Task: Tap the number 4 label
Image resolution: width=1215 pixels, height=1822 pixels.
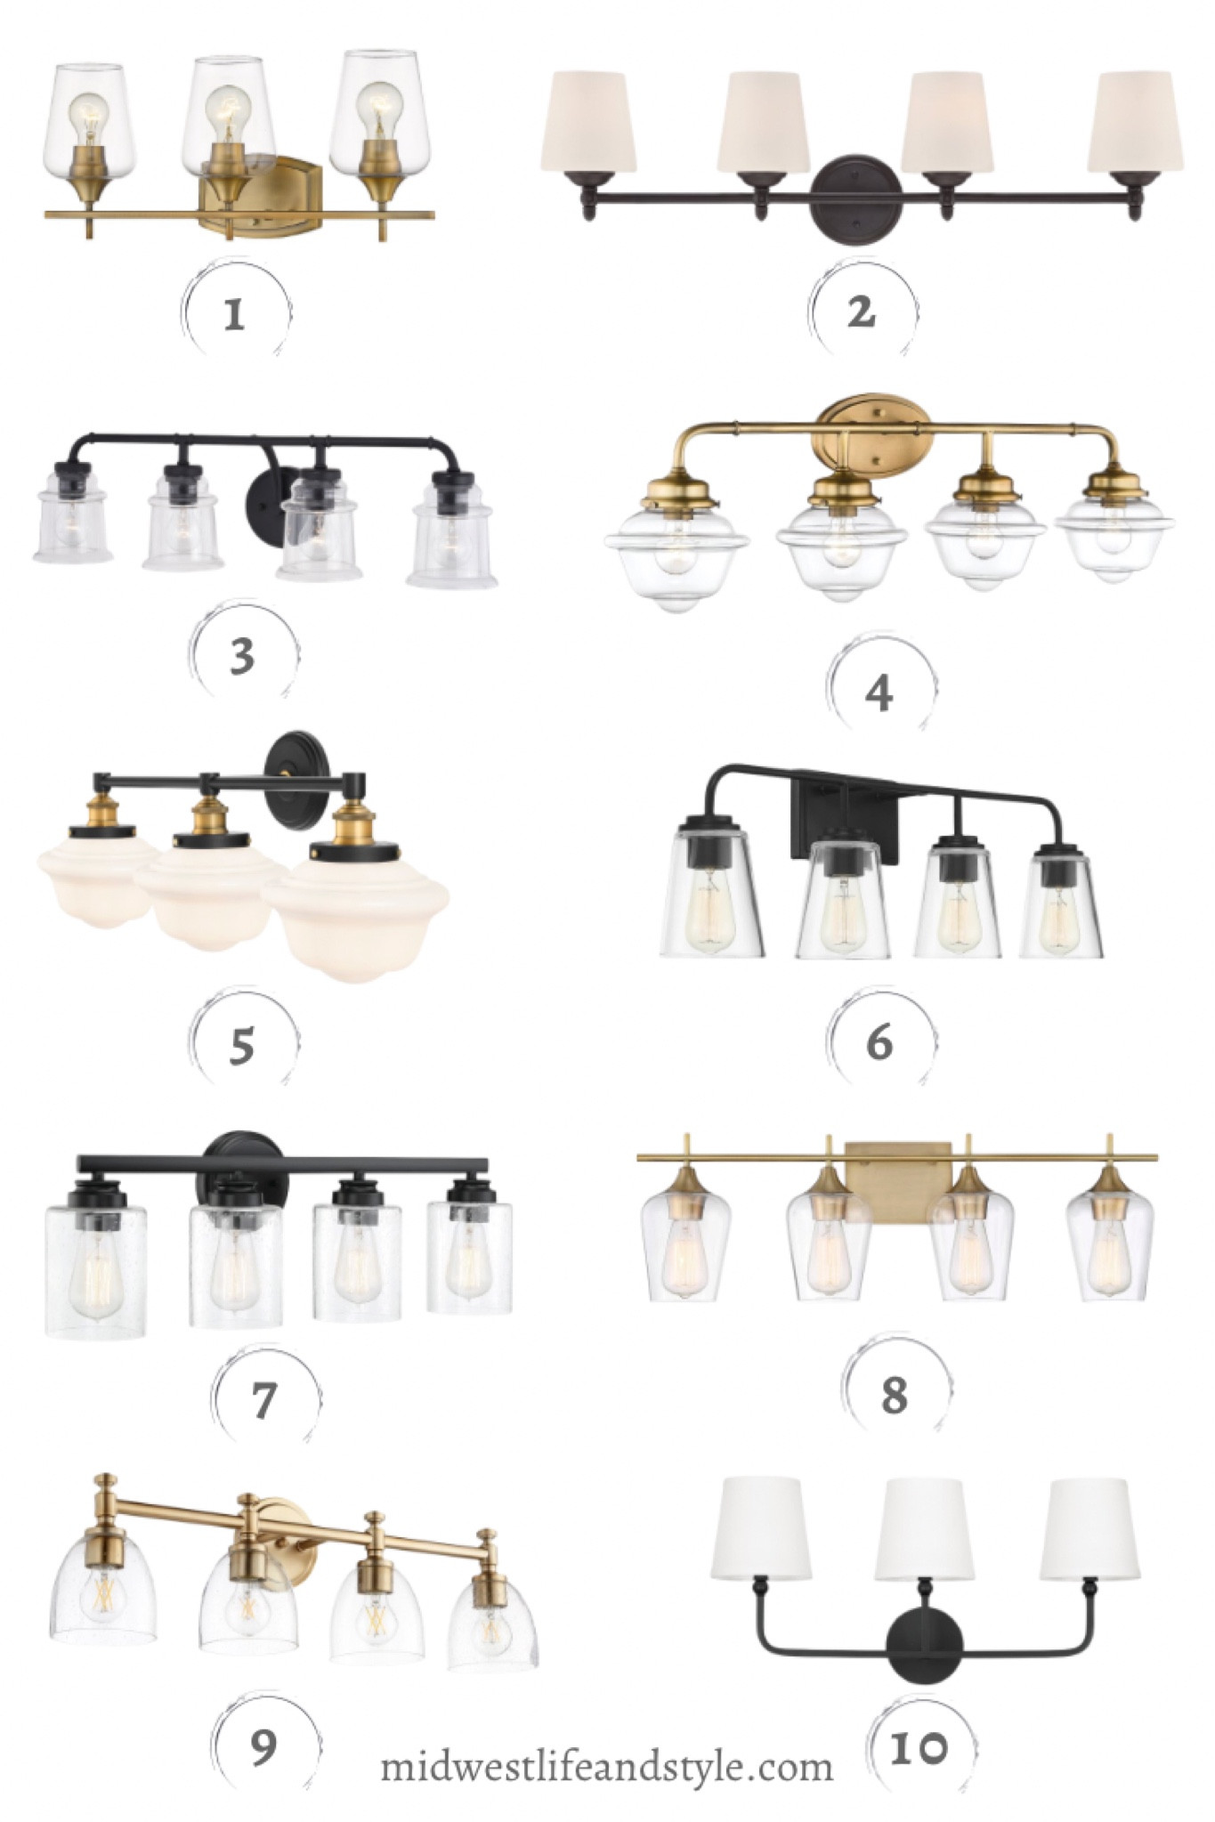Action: (x=879, y=693)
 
